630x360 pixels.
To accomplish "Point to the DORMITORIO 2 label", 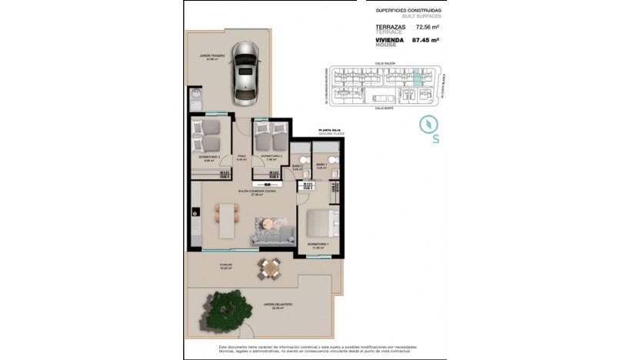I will click(x=272, y=157).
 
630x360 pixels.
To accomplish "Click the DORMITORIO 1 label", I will click(x=318, y=245).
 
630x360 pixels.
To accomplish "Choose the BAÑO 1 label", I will click(x=322, y=165).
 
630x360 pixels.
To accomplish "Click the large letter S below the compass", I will click(x=436, y=139).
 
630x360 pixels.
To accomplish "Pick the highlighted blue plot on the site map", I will click(x=417, y=78).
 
